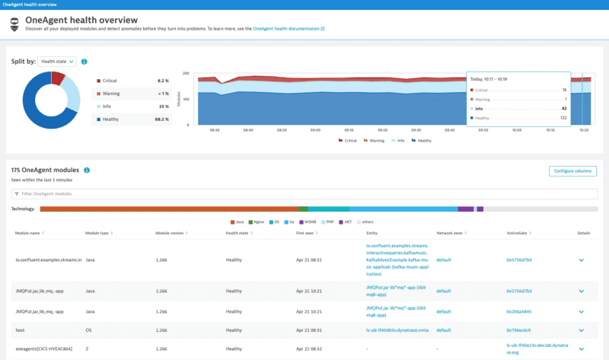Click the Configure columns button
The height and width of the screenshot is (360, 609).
point(572,171)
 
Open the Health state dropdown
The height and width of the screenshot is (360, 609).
point(58,62)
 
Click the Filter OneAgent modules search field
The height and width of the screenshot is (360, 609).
point(304,194)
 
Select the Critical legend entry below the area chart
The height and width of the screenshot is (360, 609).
point(348,140)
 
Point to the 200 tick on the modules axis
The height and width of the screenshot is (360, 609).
point(186,74)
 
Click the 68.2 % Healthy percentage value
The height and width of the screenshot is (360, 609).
point(161,119)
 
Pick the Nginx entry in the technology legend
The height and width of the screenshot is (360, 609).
point(257,221)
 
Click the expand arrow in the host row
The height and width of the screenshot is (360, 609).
point(582,330)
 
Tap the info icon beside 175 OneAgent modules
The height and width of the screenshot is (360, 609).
point(87,170)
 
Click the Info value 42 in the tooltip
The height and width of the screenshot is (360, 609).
point(563,108)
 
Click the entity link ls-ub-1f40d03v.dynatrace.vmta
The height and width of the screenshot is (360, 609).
point(398,330)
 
